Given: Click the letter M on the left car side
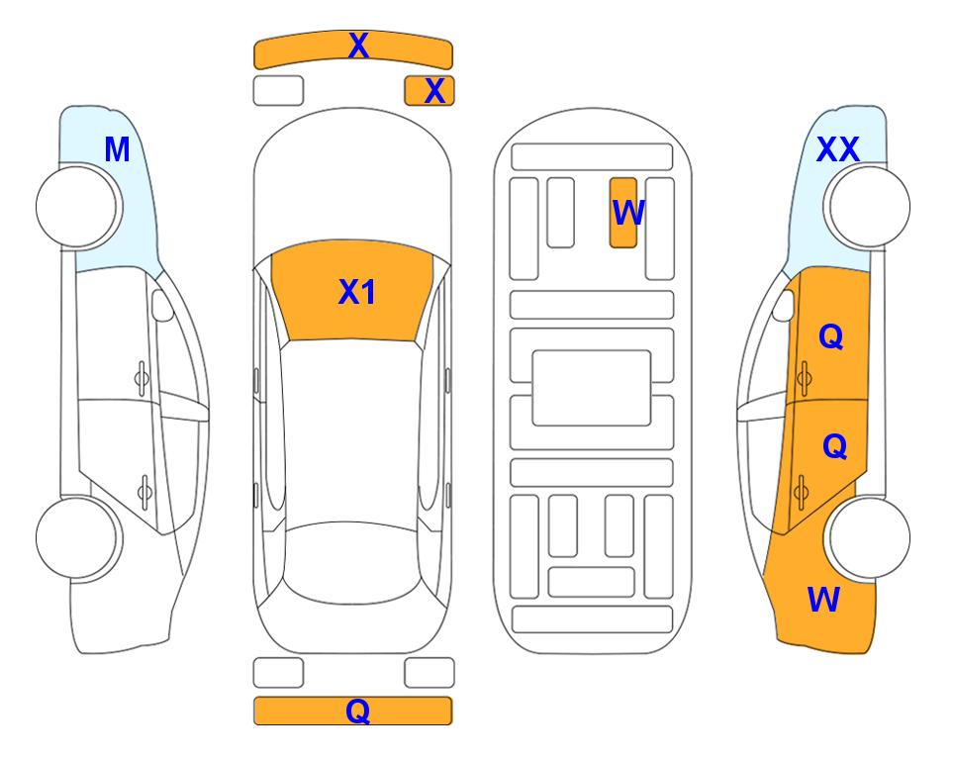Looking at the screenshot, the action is pos(118,149).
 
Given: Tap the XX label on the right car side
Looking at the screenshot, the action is pos(837,149).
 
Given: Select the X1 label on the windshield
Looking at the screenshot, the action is pos(357,292).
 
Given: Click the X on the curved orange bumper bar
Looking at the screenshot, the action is pos(358,46).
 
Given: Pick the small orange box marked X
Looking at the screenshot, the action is pos(429,91).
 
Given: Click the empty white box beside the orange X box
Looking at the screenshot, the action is pos(278,91).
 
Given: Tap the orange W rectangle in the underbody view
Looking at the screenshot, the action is pos(623,213).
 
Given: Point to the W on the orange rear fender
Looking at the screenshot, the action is pos(823,600).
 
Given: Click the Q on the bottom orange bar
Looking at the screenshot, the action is pos(358,711).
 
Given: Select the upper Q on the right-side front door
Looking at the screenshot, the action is pos(831,336).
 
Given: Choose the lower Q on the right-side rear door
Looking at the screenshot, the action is pos(834,447).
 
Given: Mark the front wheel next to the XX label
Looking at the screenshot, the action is pos(869,207).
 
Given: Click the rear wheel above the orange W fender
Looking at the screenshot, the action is pos(869,537).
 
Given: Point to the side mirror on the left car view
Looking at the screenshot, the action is pos(161,305).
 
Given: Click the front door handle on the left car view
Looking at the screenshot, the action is pos(142,379).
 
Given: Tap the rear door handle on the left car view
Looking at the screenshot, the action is pos(144,491).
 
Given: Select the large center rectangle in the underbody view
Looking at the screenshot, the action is pos(592,388).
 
